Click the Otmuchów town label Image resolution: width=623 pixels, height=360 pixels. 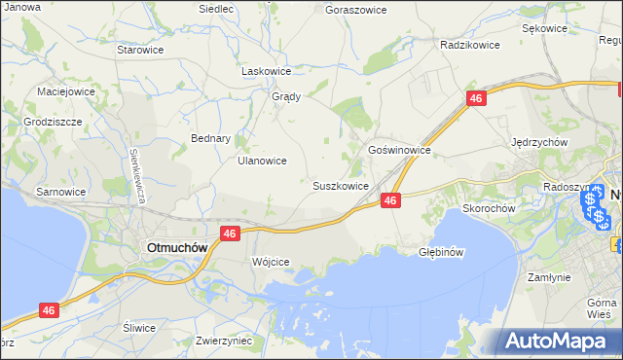176,247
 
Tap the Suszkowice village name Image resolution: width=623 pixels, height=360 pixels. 340,185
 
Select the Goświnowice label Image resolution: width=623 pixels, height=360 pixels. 399,151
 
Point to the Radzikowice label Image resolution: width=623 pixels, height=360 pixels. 469,45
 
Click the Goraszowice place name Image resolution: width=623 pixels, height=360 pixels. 355,9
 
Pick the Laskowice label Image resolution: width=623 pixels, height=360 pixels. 267,71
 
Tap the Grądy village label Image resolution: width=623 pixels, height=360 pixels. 285,96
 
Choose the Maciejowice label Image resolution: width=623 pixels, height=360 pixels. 64,90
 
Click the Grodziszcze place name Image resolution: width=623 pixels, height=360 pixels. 53,123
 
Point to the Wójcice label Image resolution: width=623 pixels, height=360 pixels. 271,263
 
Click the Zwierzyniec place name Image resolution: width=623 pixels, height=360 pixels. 224,341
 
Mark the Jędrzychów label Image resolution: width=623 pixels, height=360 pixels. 539,141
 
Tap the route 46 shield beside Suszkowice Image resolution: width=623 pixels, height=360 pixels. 390,199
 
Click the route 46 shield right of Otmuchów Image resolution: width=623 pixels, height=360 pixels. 230,234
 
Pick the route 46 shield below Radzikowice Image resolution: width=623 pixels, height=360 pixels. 475,99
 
